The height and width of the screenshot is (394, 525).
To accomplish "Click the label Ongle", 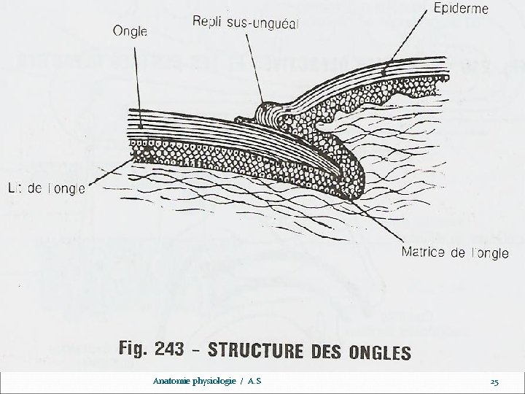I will click(131, 31).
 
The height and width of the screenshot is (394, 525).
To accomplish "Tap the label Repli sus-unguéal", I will click(245, 23).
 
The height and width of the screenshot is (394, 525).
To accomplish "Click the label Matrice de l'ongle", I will click(455, 252).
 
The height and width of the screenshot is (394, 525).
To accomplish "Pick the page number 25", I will click(494, 382).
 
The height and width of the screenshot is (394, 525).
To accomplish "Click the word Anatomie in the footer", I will click(171, 381).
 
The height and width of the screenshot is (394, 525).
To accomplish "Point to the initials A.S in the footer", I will click(254, 381).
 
